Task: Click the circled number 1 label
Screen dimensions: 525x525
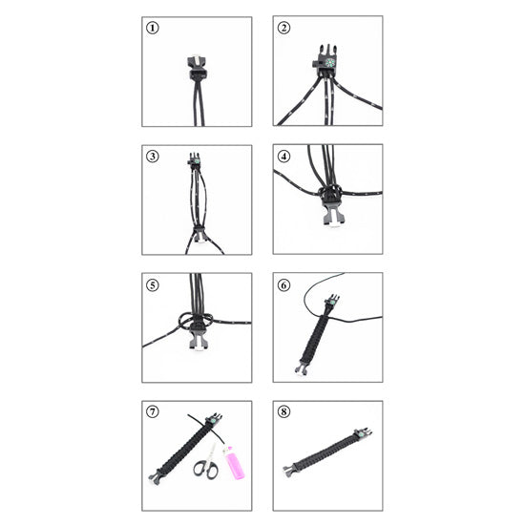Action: point(153,28)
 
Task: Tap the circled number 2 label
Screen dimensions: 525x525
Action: point(283,28)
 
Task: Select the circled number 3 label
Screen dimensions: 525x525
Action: point(153,157)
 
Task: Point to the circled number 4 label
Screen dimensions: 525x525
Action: point(283,157)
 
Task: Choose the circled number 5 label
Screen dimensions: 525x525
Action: point(153,285)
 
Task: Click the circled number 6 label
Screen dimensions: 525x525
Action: point(283,285)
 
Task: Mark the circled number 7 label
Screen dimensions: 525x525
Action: point(153,411)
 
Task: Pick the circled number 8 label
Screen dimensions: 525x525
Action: point(283,411)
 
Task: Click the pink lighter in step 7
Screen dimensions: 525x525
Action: point(233,463)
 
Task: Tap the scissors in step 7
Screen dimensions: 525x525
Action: point(205,462)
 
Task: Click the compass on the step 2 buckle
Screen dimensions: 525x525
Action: point(330,63)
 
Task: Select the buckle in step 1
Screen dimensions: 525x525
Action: point(198,69)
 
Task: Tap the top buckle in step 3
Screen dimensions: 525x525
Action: point(194,159)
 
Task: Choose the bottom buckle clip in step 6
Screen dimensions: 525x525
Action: point(302,368)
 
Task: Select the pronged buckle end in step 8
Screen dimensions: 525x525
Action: point(290,469)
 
